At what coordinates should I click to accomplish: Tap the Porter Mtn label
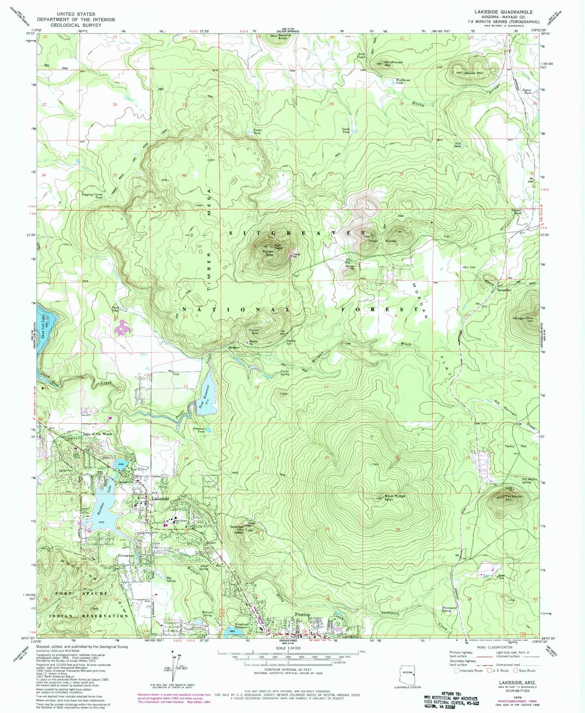pyautogui.click(x=268, y=253)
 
